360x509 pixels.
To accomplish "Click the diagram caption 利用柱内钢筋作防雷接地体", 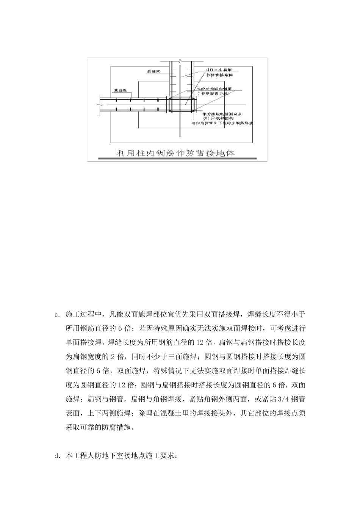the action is pyautogui.click(x=176, y=153).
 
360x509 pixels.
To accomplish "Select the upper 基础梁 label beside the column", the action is pyautogui.click(x=154, y=71).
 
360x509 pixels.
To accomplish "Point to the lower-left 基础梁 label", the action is pyautogui.click(x=120, y=91).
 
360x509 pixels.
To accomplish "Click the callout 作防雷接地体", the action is pyautogui.click(x=219, y=75).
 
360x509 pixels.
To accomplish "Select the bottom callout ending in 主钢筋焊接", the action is pyautogui.click(x=222, y=123).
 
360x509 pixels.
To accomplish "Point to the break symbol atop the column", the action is pyautogui.click(x=182, y=61).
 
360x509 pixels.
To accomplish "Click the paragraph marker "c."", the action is pyautogui.click(x=57, y=314).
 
